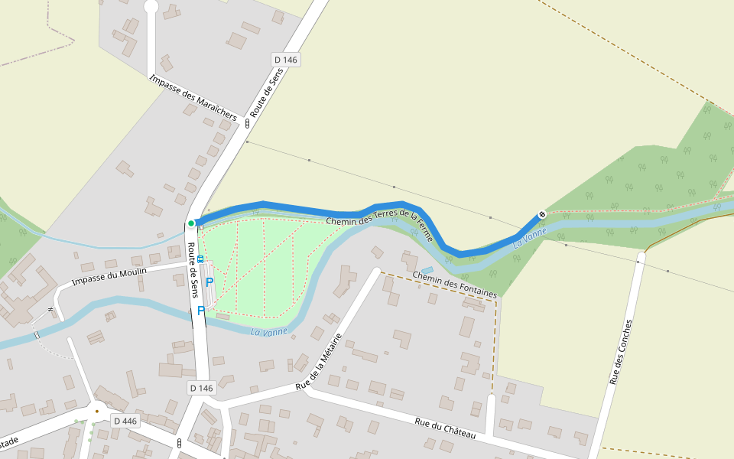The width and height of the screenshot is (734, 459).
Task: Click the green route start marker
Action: (x=191, y=223)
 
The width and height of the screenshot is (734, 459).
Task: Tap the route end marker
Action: (x=542, y=214)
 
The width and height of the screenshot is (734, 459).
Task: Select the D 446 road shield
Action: (x=125, y=421)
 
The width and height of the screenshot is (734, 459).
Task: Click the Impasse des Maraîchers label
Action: (x=193, y=97)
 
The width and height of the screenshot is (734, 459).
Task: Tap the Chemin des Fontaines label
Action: (x=454, y=284)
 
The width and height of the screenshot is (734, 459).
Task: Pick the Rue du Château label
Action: (x=445, y=428)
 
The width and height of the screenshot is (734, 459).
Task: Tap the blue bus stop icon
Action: (x=200, y=259)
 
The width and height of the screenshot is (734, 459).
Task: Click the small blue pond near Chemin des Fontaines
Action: (x=427, y=270)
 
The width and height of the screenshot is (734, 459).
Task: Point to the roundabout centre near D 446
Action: (x=96, y=412)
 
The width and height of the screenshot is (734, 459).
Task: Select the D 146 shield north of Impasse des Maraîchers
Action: (x=286, y=60)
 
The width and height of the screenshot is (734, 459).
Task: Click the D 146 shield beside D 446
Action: (x=201, y=388)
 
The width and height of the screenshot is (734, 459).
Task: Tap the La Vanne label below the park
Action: (x=268, y=331)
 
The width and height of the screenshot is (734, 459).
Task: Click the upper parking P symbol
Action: (x=209, y=282)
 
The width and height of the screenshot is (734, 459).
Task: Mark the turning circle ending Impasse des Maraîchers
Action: (x=151, y=6)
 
